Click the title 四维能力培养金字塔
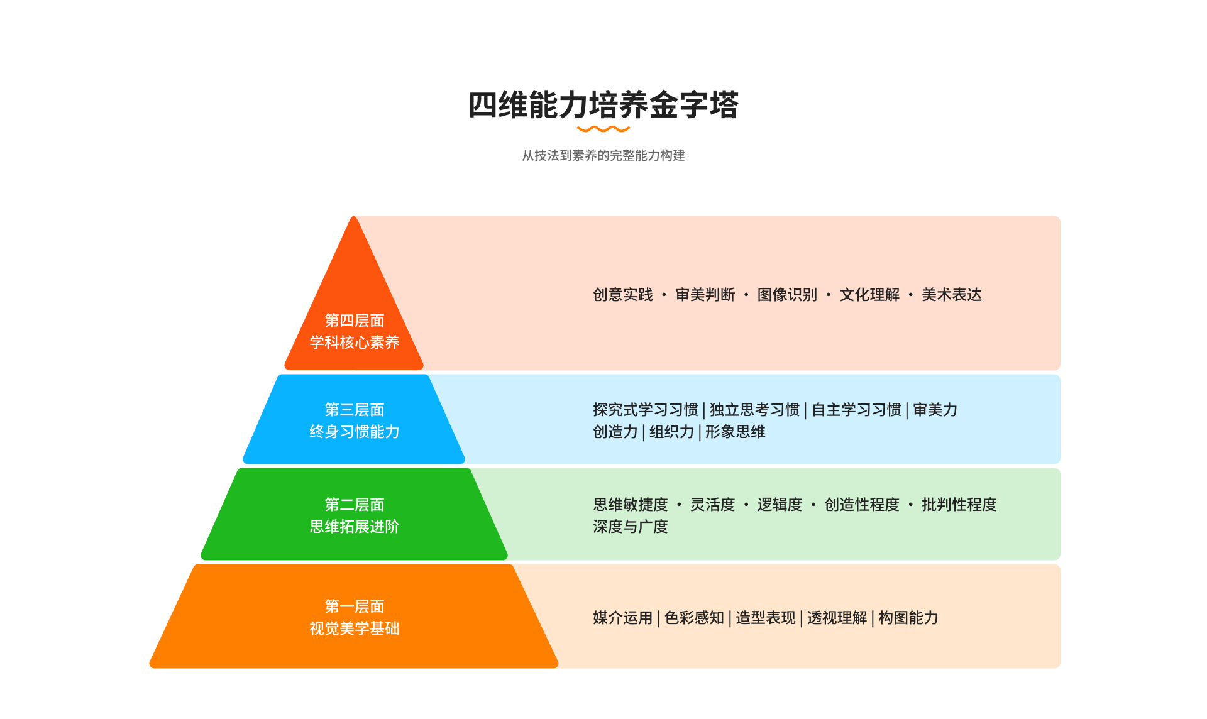(x=603, y=104)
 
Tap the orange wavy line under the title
(x=603, y=129)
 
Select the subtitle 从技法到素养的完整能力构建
(x=603, y=155)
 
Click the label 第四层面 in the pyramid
(x=355, y=321)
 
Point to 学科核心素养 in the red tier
(x=355, y=343)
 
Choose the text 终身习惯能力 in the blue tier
(x=355, y=432)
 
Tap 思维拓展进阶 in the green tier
(x=355, y=527)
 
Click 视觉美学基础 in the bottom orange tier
(x=355, y=628)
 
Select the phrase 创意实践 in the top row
(x=623, y=295)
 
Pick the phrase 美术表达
(x=952, y=295)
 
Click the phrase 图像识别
(x=787, y=295)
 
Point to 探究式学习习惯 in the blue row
(x=646, y=410)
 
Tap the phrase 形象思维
(x=735, y=432)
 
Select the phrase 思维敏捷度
(x=631, y=505)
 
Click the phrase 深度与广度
(x=631, y=527)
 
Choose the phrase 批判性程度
(x=959, y=505)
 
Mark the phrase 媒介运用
(x=623, y=618)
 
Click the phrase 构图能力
(x=908, y=618)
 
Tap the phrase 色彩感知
(x=694, y=618)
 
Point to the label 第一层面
(x=355, y=606)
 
